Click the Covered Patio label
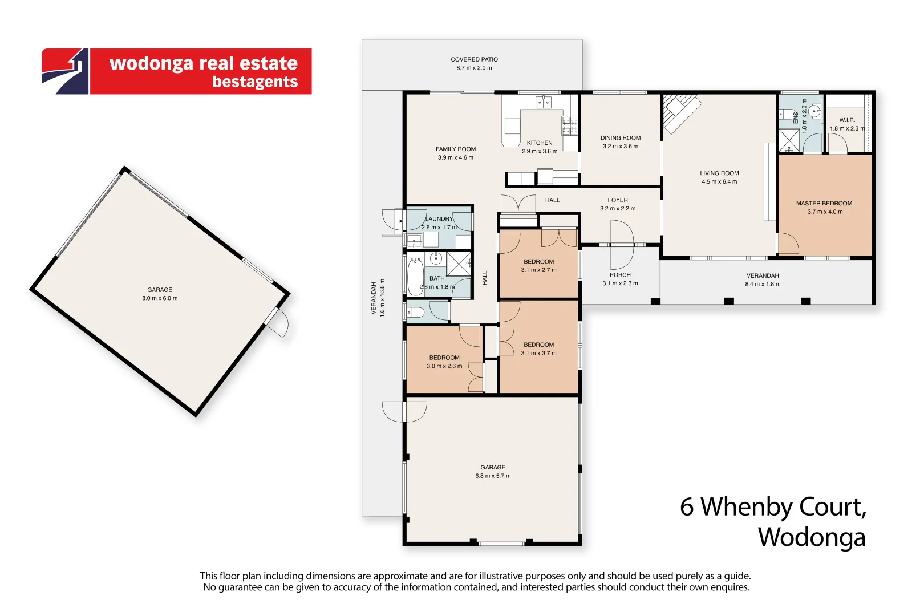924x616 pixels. click(474, 59)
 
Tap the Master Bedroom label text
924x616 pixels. click(824, 203)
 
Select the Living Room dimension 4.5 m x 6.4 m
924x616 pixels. click(719, 182)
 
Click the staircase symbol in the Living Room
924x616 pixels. click(680, 111)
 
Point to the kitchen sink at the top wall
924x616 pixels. click(543, 102)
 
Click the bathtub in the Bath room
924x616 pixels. click(414, 277)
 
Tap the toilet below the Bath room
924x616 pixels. click(415, 312)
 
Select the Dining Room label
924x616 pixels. click(620, 138)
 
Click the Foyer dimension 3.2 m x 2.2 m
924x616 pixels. click(617, 209)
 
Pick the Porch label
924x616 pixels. click(620, 275)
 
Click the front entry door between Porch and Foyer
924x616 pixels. click(622, 245)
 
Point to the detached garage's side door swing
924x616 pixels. click(279, 323)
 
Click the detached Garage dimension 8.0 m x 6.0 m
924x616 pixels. click(160, 298)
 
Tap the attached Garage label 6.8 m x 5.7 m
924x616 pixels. click(493, 471)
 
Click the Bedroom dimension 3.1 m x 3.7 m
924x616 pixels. click(538, 353)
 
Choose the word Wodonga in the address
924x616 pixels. click(811, 538)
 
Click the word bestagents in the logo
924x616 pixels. click(255, 82)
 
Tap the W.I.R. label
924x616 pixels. click(846, 120)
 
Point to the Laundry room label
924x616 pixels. click(439, 219)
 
